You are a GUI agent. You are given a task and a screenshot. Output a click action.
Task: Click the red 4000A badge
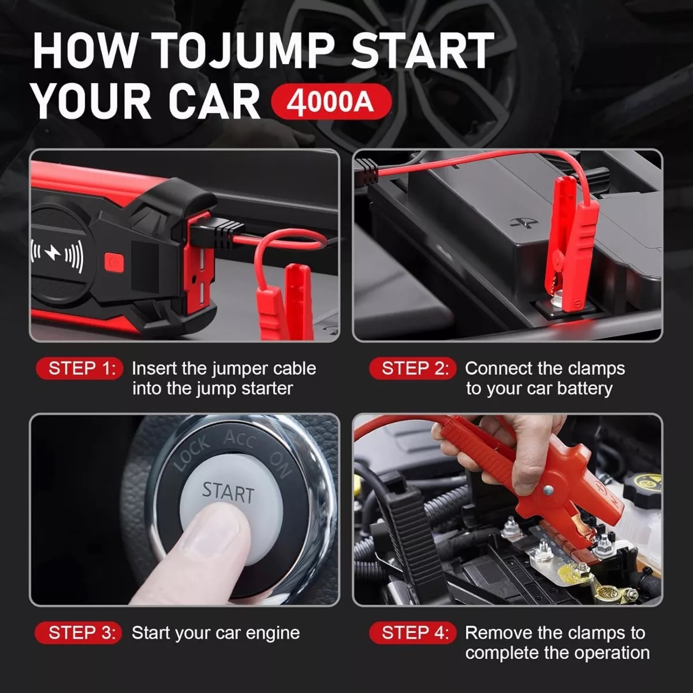point(331,102)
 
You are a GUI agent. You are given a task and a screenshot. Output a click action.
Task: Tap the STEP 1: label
point(80,368)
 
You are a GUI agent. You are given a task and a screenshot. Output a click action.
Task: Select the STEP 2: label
point(412,368)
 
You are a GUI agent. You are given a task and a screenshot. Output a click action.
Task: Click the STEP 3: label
point(79,633)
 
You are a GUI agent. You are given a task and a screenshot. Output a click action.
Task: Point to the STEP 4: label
point(412,633)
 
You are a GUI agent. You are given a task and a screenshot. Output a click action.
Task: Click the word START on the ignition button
point(228,493)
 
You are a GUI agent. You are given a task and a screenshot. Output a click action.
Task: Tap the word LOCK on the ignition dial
point(191,454)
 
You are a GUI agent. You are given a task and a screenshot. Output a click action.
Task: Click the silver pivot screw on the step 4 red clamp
point(549,490)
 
